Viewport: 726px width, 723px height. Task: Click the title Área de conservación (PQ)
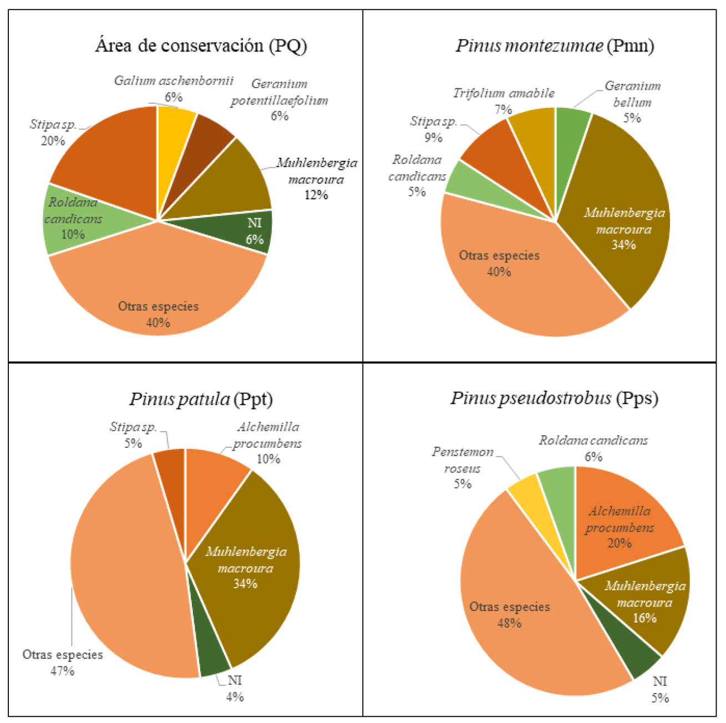pyautogui.click(x=201, y=45)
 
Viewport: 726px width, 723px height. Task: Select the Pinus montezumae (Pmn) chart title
pyautogui.click(x=555, y=45)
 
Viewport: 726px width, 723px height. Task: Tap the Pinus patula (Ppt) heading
pyautogui.click(x=201, y=399)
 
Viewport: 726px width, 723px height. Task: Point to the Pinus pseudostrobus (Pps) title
pyautogui.click(x=554, y=398)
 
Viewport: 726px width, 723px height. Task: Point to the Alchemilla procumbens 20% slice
pyautogui.click(x=621, y=522)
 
